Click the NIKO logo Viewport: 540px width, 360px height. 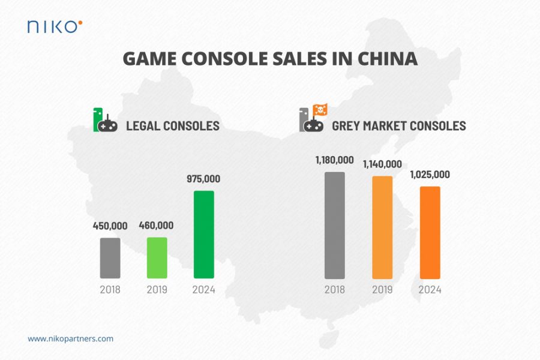pyautogui.click(x=55, y=26)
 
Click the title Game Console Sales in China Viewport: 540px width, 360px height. pyautogui.click(x=269, y=59)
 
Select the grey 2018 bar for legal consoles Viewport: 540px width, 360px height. pyautogui.click(x=110, y=258)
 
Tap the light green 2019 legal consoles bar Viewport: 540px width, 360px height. pyautogui.click(x=157, y=257)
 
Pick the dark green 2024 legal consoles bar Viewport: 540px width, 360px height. pyautogui.click(x=204, y=235)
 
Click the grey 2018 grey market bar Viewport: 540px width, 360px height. pyautogui.click(x=335, y=225)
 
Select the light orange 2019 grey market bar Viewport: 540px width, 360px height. pyautogui.click(x=382, y=227)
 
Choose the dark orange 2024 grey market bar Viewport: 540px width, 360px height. pyautogui.click(x=430, y=232)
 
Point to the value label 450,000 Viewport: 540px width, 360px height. pyautogui.click(x=110, y=226)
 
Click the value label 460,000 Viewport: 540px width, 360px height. pyautogui.click(x=157, y=226)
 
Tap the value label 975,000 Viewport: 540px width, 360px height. pyautogui.click(x=204, y=179)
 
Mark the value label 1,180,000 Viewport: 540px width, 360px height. pyautogui.click(x=335, y=160)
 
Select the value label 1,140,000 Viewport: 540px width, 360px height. pyautogui.click(x=382, y=164)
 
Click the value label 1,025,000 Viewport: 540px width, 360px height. pyautogui.click(x=430, y=175)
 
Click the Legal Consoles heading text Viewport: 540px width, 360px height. pyautogui.click(x=172, y=126)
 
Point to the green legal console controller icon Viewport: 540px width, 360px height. pyautogui.click(x=105, y=121)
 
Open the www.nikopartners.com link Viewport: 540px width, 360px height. pyautogui.click(x=70, y=338)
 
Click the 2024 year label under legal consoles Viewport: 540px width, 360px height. pyautogui.click(x=204, y=290)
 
